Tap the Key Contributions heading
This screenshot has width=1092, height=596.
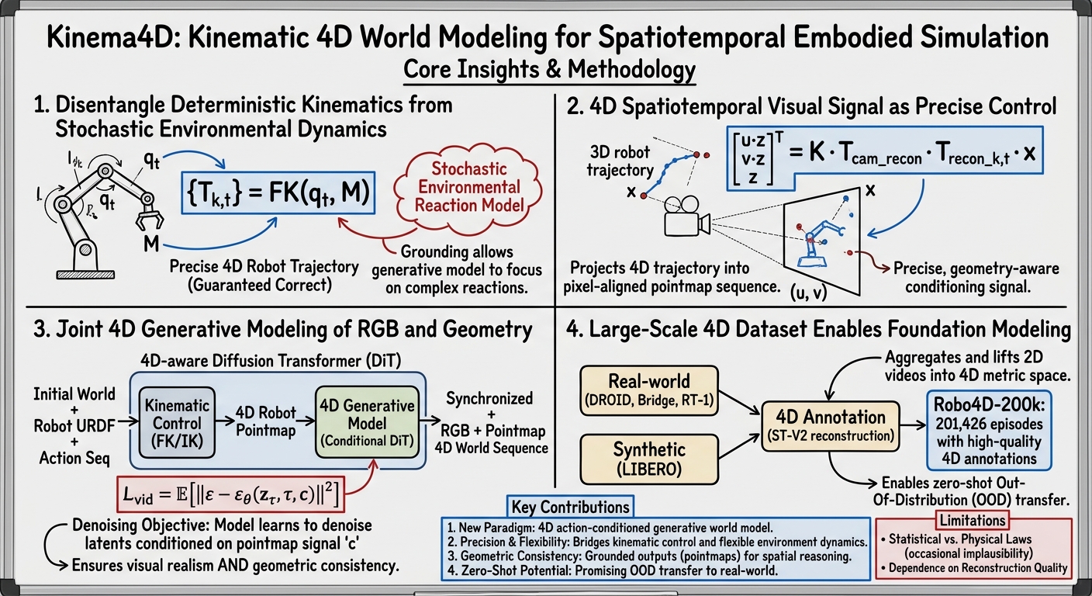click(x=570, y=508)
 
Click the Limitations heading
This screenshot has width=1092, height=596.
click(x=972, y=519)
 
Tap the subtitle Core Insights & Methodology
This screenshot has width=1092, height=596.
click(x=549, y=70)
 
